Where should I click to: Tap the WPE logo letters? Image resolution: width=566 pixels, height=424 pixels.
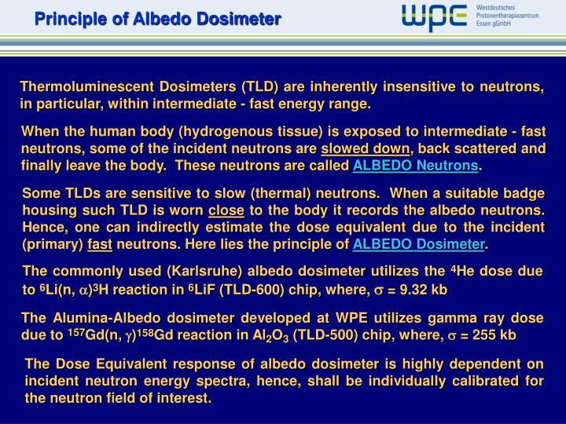tap(434, 16)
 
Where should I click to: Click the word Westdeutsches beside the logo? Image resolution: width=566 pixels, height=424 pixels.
tap(498, 7)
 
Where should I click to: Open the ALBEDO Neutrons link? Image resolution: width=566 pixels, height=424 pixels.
tap(415, 166)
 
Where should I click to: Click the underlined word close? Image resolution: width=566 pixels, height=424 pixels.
tap(226, 210)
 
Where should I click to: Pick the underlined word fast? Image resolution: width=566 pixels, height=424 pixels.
tap(99, 244)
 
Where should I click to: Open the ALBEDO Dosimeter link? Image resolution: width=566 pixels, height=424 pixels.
tap(419, 244)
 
